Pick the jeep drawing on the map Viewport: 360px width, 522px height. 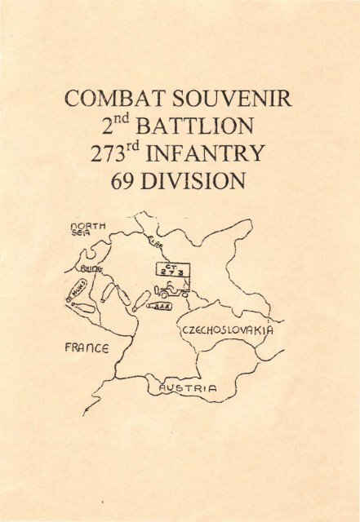click(171, 290)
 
